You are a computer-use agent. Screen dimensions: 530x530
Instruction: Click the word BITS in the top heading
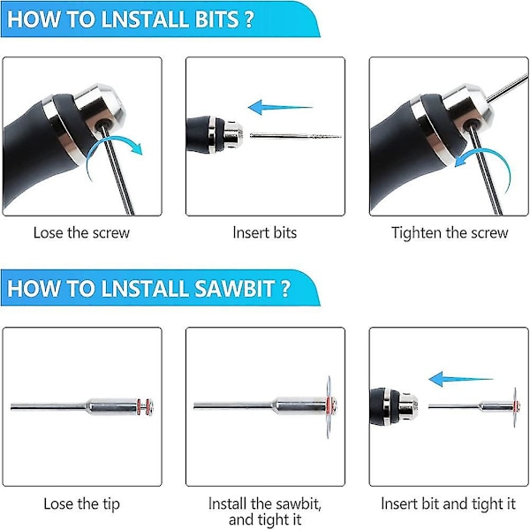217,19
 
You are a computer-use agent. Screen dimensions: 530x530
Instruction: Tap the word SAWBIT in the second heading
234,288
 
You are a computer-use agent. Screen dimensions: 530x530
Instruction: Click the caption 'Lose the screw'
81,233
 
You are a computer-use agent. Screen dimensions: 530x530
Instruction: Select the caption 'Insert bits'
265,233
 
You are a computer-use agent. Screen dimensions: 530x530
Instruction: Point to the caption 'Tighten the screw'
450,233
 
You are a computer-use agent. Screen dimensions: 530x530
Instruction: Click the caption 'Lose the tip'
81,504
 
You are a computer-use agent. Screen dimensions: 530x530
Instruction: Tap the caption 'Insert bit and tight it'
448,504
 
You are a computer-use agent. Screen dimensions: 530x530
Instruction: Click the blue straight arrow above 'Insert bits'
280,108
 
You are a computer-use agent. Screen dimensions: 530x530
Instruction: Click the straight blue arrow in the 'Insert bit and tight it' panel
461,379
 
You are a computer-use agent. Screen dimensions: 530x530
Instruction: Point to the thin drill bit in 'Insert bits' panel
295,136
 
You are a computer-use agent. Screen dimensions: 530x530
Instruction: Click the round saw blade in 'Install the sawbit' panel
329,407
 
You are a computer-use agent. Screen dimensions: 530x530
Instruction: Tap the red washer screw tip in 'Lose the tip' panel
146,406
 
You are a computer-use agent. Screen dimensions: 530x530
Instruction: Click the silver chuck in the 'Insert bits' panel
231,135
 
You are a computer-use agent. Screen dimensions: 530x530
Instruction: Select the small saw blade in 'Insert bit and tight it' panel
515,407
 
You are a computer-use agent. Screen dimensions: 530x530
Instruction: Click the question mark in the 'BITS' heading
248,19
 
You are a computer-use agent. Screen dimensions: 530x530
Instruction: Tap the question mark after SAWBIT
285,289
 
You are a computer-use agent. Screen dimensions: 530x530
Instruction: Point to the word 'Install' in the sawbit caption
227,503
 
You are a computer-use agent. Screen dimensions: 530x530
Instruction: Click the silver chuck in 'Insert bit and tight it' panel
408,406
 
